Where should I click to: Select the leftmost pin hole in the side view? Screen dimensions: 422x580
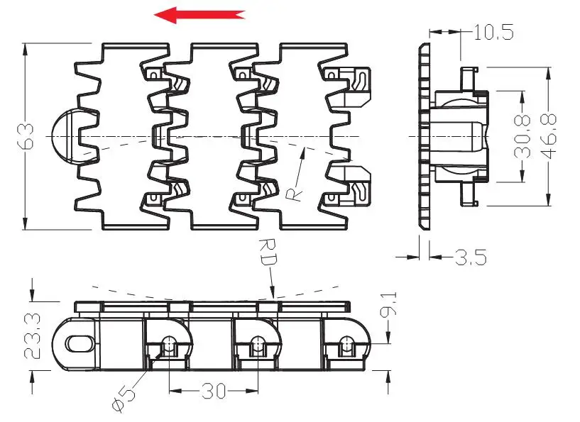coord(169,345)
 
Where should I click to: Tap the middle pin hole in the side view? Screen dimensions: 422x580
coord(257,345)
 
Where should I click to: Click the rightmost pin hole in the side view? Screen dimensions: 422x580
coord(346,345)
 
